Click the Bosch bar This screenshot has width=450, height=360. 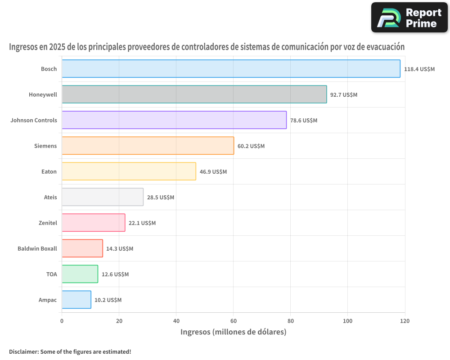[x=231, y=69]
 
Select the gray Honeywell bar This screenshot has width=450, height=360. [x=194, y=94]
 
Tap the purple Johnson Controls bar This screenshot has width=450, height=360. [x=174, y=120]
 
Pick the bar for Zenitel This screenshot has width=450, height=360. [x=93, y=223]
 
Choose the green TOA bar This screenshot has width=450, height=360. [x=80, y=274]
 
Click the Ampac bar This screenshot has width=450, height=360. [x=76, y=300]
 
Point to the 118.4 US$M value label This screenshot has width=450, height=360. [x=419, y=69]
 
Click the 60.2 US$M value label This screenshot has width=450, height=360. [x=251, y=146]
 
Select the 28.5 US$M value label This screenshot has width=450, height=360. [x=161, y=198]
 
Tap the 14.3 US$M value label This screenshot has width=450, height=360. [x=120, y=249]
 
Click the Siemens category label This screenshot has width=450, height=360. [x=45, y=146]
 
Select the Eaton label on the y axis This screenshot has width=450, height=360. [x=49, y=171]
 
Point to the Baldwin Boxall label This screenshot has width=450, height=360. [x=37, y=248]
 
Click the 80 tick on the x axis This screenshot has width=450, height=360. [x=290, y=321]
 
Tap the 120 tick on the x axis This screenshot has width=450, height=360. [x=405, y=321]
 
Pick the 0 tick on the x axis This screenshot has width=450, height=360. [x=62, y=321]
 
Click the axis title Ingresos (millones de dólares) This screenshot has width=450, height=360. [x=233, y=332]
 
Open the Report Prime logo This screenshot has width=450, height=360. [x=409, y=18]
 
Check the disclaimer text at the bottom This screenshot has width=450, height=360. [x=70, y=351]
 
